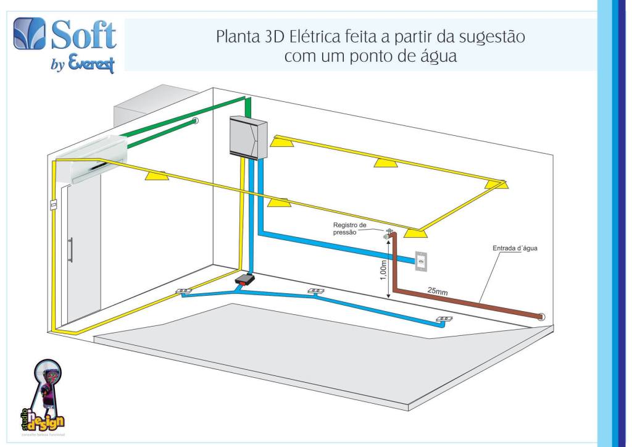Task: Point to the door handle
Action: [71, 250]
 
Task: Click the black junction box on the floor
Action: [245, 281]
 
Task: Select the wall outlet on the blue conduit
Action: [421, 262]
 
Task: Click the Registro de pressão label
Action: [351, 228]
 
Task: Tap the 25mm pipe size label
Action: [438, 291]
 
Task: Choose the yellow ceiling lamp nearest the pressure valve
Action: [416, 232]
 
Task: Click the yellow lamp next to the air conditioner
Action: [156, 176]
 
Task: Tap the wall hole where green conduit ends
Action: [195, 120]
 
